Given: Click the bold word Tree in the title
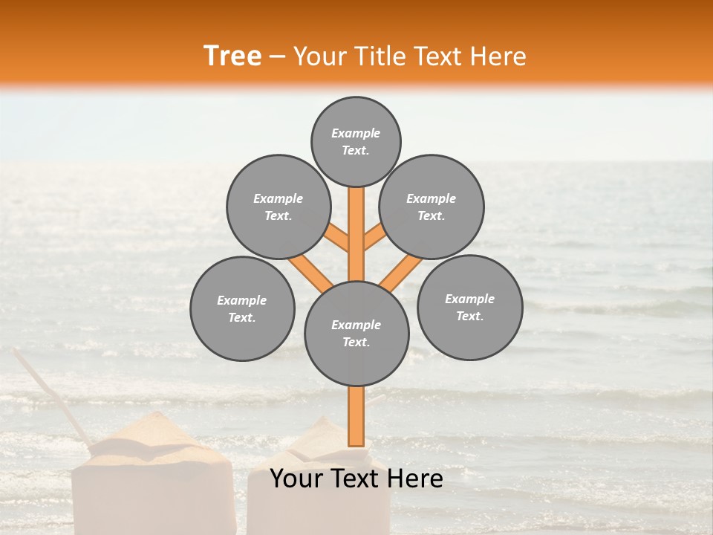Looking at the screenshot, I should pos(232,56).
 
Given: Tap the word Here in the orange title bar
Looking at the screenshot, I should pos(501,56).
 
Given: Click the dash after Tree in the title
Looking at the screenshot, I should pos(278,57).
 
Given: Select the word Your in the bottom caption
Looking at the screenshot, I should pos(296,479).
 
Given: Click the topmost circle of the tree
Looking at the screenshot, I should pos(356,140).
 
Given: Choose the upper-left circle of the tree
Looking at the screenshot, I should pos(279,207).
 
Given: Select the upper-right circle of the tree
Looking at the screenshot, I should pos(432,207).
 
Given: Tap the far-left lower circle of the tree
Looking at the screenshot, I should pos(242,308).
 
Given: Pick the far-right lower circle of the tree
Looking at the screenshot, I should pos(469,307).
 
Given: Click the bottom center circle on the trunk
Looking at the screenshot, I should pos(356,333).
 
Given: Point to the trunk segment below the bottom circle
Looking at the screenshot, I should pos(356,416).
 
